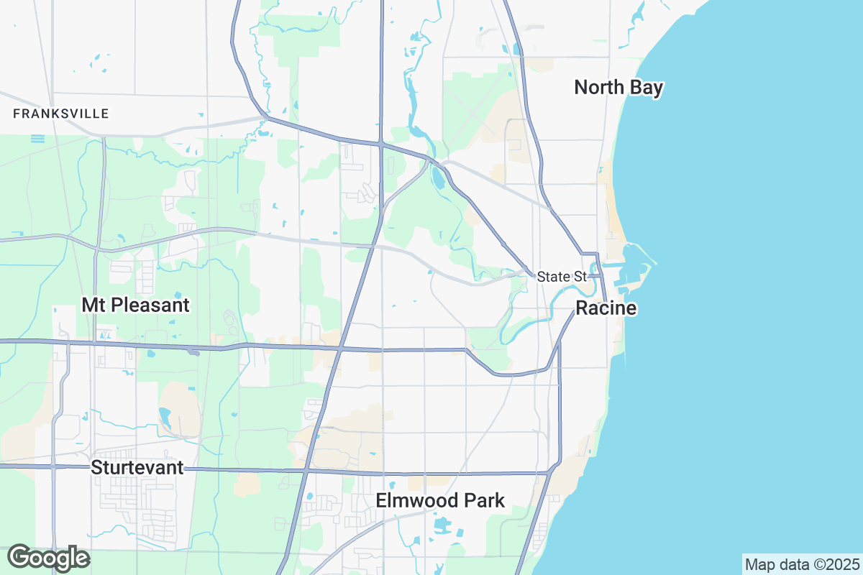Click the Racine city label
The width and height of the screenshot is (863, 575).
tap(606, 309)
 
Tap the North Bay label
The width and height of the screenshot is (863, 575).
tap(618, 88)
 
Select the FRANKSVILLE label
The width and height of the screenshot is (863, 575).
tap(61, 114)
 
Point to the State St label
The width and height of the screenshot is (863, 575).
tap(562, 277)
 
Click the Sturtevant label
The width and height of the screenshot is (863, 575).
tap(137, 468)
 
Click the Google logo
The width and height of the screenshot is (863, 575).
tap(48, 558)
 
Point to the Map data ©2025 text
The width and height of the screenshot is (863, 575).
tap(801, 563)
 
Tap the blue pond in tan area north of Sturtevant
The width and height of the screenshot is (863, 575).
tap(165, 416)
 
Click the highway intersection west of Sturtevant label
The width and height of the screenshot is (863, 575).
tap(54, 466)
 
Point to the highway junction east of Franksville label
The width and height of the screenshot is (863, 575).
tap(265, 116)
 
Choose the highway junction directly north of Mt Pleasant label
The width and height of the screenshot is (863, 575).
tap(96, 249)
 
